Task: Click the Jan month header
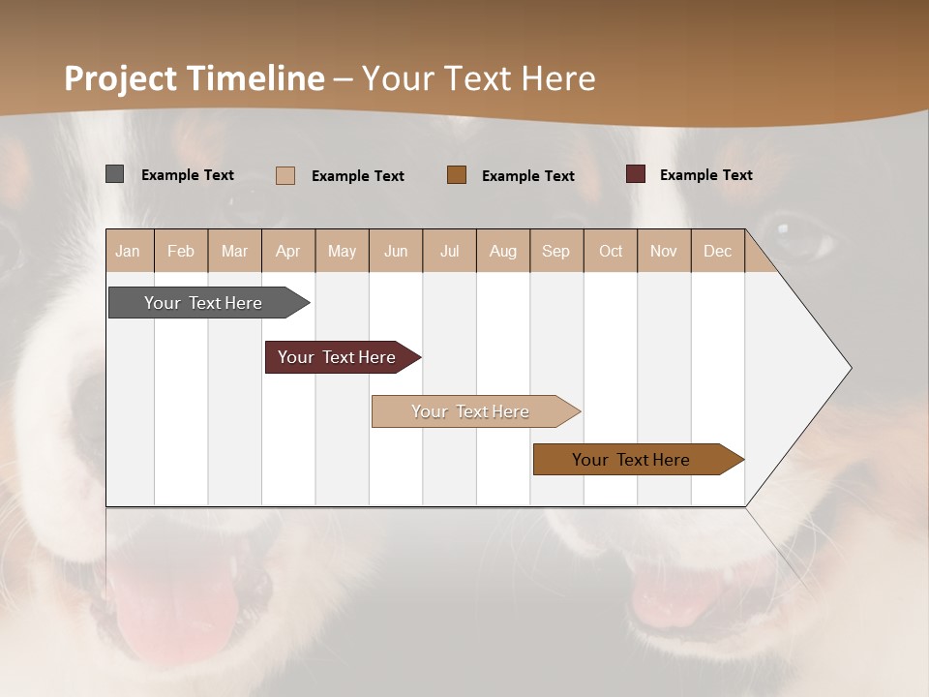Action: coord(128,251)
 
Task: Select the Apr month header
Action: coord(288,251)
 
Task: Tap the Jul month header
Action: coord(449,251)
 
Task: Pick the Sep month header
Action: coord(555,251)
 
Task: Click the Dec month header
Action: coord(717,251)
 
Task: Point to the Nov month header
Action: coord(663,251)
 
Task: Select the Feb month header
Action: coord(181,251)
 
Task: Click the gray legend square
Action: coord(114,174)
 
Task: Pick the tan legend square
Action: coord(285,175)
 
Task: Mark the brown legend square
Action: coord(457,175)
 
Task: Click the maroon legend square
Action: coord(636,174)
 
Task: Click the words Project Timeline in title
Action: coord(194,78)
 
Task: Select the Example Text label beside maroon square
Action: coord(705,175)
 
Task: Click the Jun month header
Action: coord(395,251)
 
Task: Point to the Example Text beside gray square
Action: coord(187,175)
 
